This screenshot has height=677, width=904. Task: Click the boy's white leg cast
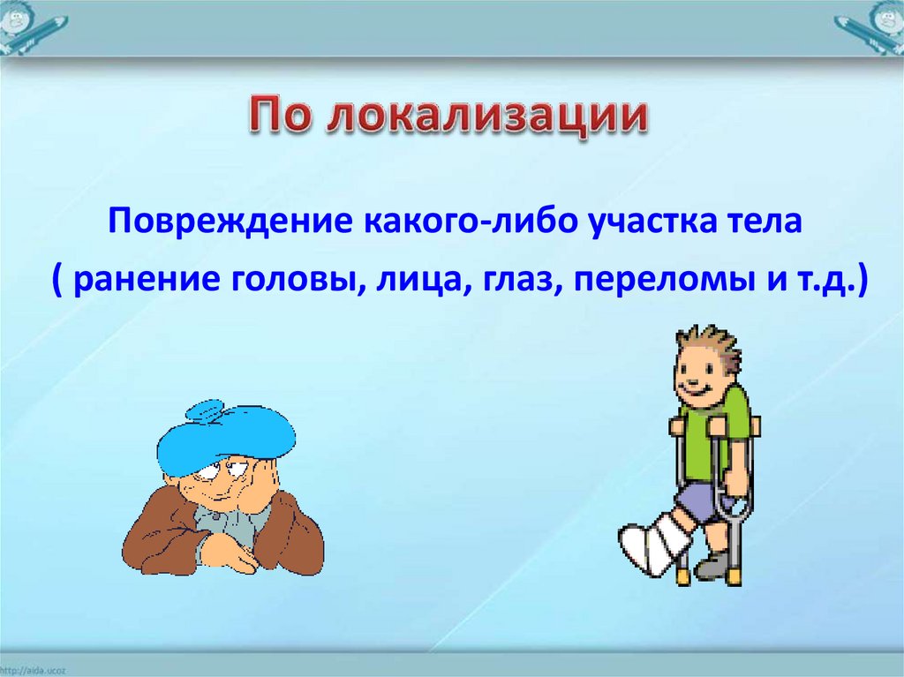click(654, 543)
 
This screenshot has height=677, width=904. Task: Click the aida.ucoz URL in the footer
click(34, 671)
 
